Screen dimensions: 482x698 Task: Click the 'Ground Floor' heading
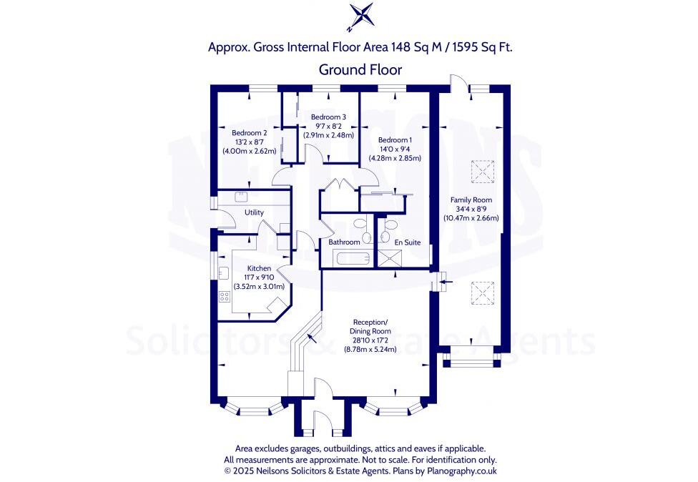(x=360, y=69)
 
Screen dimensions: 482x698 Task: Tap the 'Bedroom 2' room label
(x=249, y=132)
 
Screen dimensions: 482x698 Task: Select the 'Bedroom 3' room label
(x=328, y=117)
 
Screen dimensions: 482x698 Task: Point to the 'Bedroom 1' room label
(x=395, y=139)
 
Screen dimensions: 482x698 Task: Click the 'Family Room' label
(x=470, y=200)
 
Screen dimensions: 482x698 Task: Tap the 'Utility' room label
(x=254, y=212)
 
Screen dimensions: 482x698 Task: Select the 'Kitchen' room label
(x=259, y=268)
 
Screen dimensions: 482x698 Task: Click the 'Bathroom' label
(x=344, y=242)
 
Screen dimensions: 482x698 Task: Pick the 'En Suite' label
(x=408, y=242)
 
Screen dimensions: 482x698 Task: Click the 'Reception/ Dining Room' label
(x=370, y=326)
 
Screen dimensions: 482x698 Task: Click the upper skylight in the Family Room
(x=481, y=171)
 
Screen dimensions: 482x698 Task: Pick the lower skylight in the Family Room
(x=481, y=292)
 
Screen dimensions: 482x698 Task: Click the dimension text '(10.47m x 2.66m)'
(x=471, y=218)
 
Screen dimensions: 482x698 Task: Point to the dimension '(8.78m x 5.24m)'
(x=370, y=349)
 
